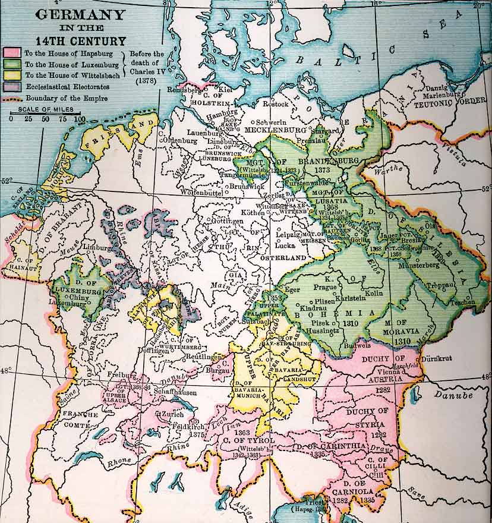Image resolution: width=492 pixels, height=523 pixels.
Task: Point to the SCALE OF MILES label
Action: [40, 110]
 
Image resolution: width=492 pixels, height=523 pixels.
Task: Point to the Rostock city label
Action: [276, 104]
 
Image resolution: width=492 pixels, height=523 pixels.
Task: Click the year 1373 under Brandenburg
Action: [323, 169]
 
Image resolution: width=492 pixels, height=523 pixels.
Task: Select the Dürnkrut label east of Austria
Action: [437, 359]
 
